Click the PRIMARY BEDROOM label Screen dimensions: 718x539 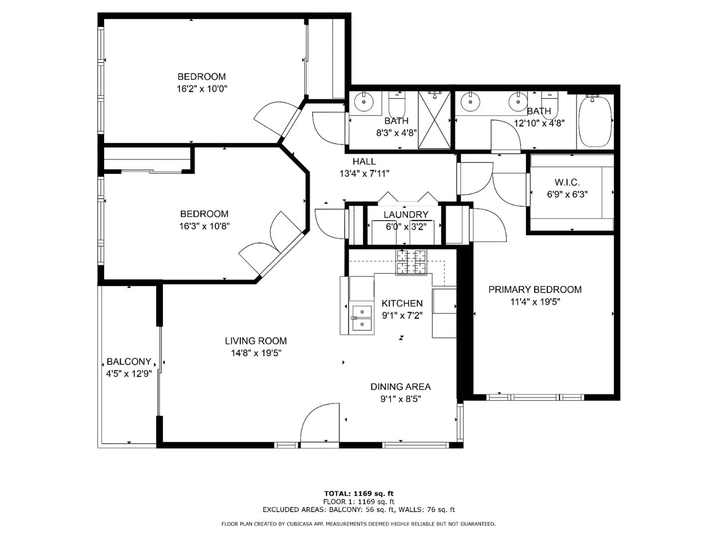[535, 289]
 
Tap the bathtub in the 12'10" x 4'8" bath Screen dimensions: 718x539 [595, 121]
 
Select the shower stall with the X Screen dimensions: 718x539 [434, 120]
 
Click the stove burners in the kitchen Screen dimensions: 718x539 [411, 262]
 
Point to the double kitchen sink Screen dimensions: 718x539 [362, 317]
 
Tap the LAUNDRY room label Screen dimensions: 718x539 [405, 215]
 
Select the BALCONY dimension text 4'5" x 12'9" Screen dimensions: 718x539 [129, 374]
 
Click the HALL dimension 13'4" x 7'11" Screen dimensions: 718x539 [364, 174]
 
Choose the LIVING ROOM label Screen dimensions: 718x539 [256, 341]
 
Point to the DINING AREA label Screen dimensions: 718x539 [400, 387]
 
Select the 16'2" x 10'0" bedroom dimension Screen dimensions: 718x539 [202, 89]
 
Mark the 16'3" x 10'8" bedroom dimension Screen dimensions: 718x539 [204, 226]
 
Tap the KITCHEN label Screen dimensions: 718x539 [402, 303]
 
